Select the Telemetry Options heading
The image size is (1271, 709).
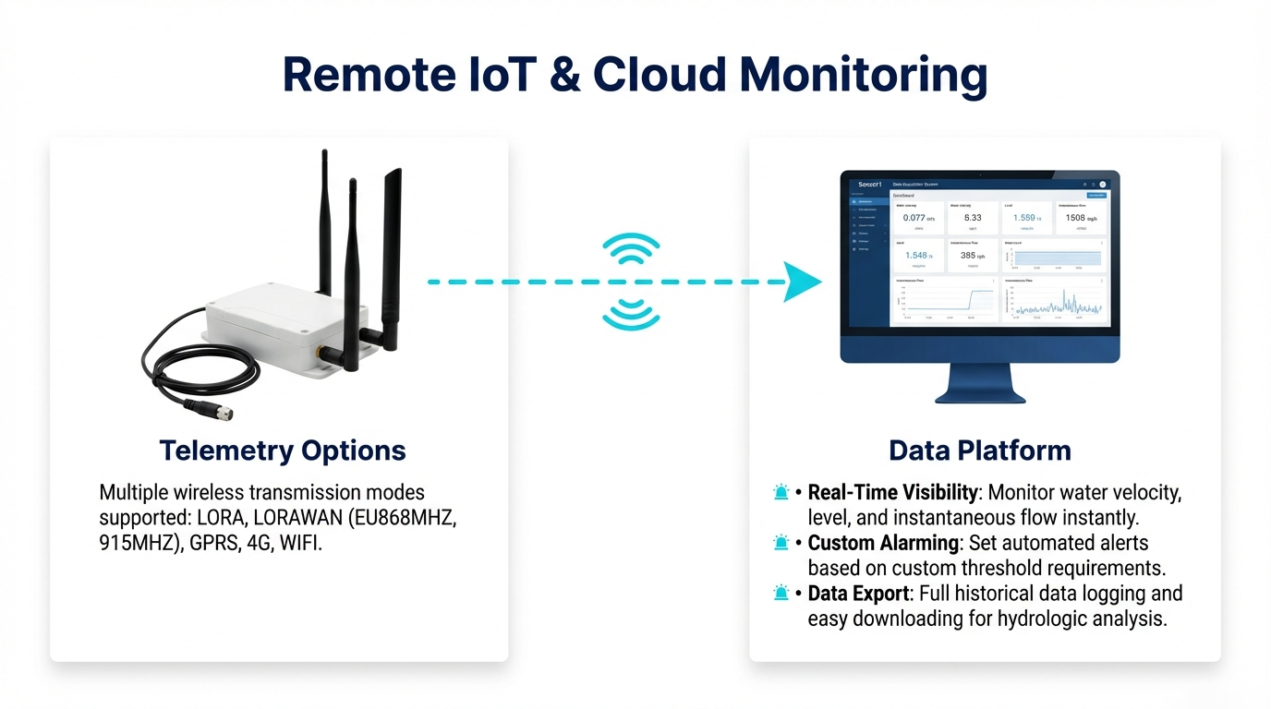[x=282, y=451]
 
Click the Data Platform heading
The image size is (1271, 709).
[x=979, y=451]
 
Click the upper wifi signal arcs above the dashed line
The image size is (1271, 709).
[x=631, y=249]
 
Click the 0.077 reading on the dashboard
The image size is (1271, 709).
[x=914, y=219]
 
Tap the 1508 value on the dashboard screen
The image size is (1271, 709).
[x=1075, y=218]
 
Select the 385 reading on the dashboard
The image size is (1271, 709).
[x=968, y=256]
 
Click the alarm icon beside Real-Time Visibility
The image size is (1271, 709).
[x=781, y=492]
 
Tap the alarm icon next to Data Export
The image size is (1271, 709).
[x=781, y=594]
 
